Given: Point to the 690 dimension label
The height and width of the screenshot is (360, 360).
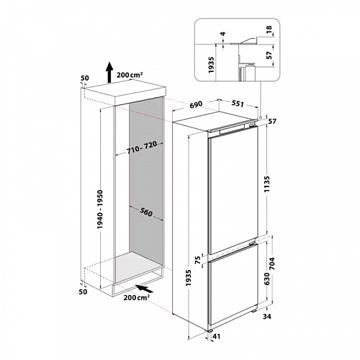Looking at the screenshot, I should click(x=195, y=104).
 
